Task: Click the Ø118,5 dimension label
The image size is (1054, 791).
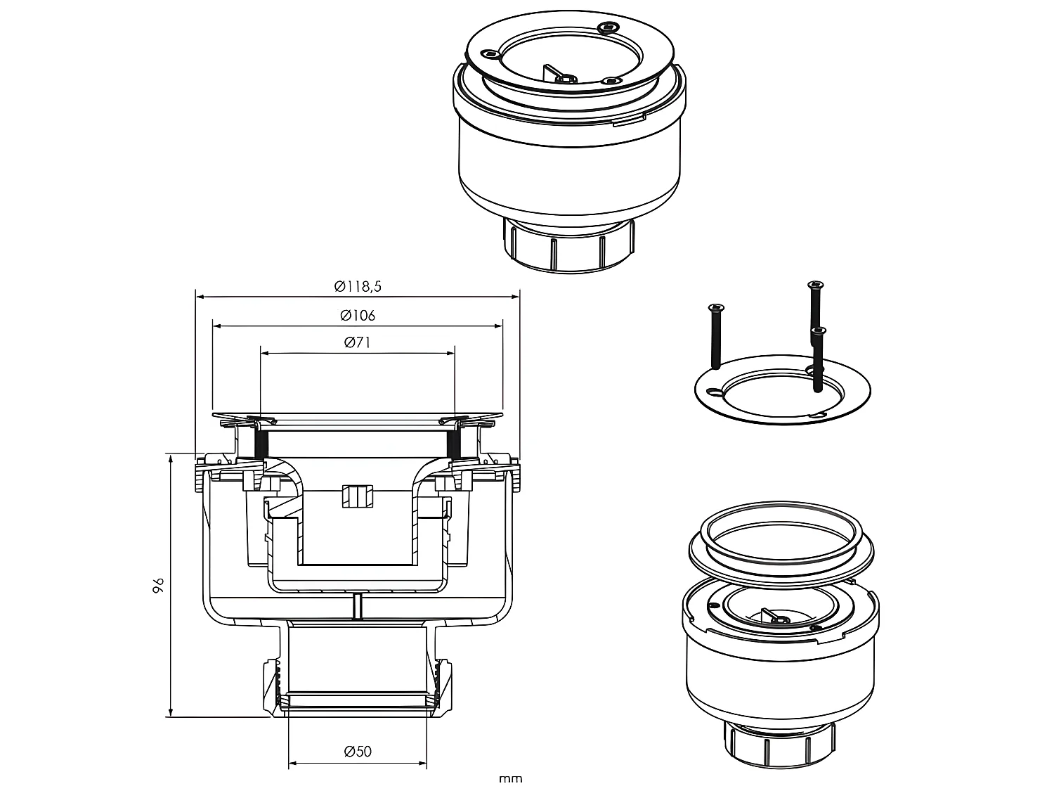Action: pyautogui.click(x=358, y=286)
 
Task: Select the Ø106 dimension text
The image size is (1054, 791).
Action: pyautogui.click(x=358, y=315)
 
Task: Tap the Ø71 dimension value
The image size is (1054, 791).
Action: pyautogui.click(x=358, y=343)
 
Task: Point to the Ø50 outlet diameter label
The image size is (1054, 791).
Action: pyautogui.click(x=358, y=751)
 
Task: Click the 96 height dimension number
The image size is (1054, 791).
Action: pyautogui.click(x=158, y=585)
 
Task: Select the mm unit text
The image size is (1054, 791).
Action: pyautogui.click(x=511, y=779)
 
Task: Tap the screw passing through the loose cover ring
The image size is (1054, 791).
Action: pyautogui.click(x=818, y=359)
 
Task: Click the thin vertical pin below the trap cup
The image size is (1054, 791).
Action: pyautogui.click(x=358, y=606)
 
